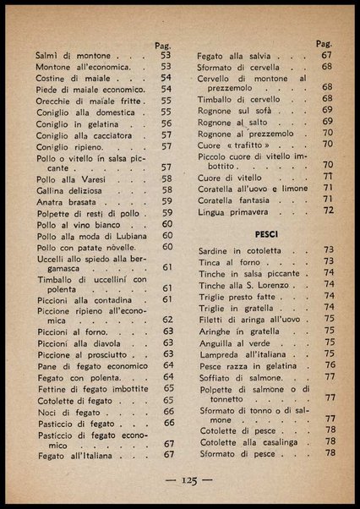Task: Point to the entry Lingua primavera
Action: [238, 211]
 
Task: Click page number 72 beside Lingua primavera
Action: [328, 211]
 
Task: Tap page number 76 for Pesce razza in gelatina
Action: [330, 365]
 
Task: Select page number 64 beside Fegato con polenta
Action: [167, 377]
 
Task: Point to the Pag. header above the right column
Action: [324, 43]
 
